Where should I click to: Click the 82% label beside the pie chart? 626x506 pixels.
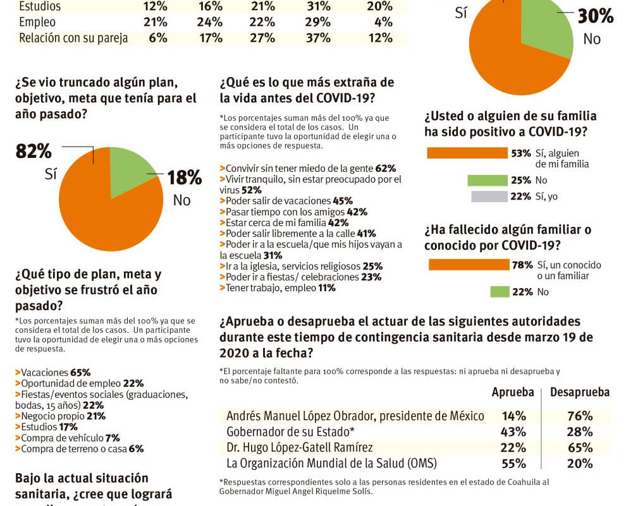click(34, 152)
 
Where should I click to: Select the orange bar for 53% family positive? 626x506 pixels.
click(467, 153)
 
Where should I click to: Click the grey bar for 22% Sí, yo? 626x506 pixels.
click(489, 196)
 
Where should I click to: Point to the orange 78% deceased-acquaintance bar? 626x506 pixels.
click(469, 265)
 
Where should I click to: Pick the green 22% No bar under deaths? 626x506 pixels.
click(500, 292)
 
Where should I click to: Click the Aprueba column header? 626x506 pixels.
click(513, 392)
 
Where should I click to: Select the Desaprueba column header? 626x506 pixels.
click(579, 392)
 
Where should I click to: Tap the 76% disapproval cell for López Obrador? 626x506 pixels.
click(580, 416)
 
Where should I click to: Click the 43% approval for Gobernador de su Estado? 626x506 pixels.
click(513, 431)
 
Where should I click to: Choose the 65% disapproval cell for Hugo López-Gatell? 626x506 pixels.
click(580, 447)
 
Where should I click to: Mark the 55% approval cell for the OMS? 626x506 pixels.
click(513, 463)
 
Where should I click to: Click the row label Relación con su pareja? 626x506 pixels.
click(73, 38)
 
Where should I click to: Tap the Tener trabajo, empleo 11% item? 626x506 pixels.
click(278, 288)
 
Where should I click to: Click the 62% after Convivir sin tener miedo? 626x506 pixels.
click(385, 169)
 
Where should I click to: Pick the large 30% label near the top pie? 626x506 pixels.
click(595, 16)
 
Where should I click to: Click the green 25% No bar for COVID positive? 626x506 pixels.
click(488, 181)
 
